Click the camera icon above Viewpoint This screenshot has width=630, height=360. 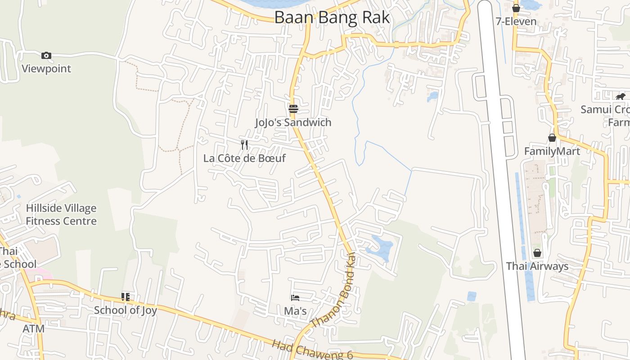46,56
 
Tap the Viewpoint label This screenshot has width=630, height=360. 46,69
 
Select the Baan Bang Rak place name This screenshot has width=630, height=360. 332,18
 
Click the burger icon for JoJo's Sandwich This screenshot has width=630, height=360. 293,108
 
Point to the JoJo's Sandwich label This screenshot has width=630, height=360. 293,122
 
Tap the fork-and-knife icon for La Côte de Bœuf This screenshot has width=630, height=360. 244,144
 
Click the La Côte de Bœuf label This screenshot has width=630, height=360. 244,158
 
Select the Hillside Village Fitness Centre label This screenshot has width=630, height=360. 61,215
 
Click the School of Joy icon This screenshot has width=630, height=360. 125,297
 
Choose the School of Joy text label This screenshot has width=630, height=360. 125,310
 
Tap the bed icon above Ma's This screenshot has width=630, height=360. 295,297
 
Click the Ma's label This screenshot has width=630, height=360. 295,311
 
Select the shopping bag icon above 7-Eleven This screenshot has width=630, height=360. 516,8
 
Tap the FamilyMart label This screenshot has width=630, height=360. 552,151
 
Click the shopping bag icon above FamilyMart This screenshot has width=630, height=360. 552,138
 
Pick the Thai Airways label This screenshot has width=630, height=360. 537,266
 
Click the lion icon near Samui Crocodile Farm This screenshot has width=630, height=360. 621,96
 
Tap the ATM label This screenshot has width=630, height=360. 34,329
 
